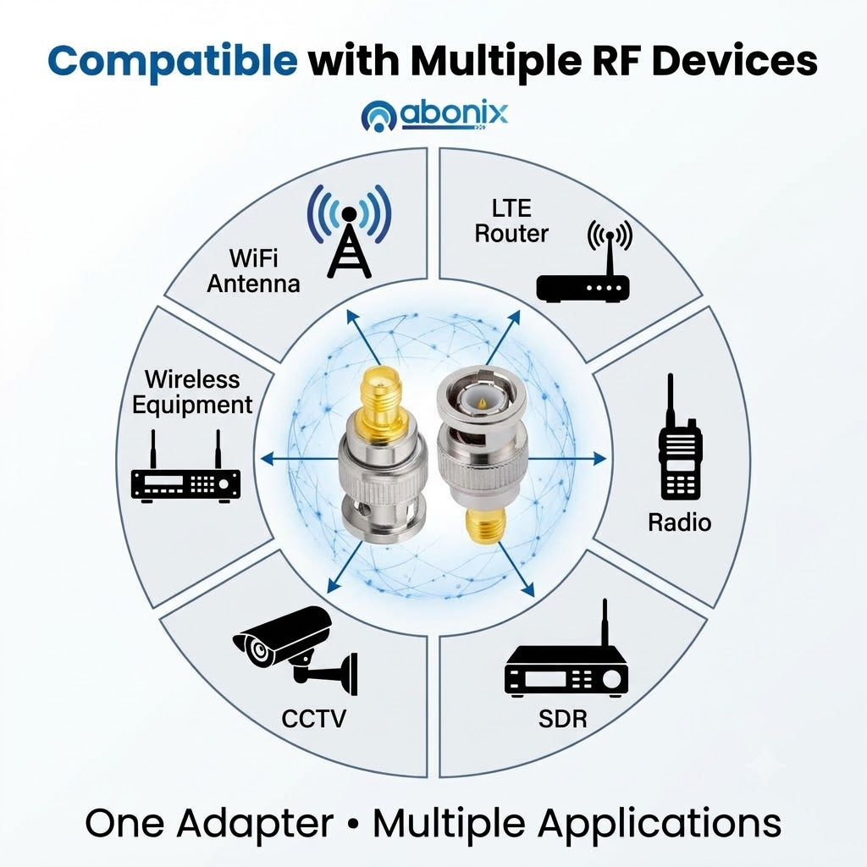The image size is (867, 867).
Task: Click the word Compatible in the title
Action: point(173,61)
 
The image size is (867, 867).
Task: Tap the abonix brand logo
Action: point(434,115)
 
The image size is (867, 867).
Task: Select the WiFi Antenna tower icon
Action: point(349,231)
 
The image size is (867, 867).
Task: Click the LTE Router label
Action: point(511,221)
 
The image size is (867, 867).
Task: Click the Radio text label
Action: point(680,522)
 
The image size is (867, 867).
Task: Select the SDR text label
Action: point(563,719)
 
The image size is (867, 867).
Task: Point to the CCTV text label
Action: point(313,719)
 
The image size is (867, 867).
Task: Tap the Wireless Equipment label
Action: point(192,392)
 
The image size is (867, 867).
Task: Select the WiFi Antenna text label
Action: point(253,271)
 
